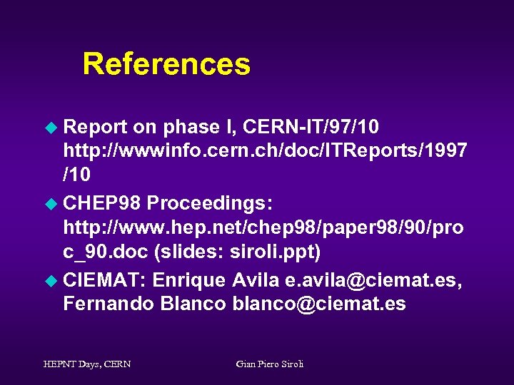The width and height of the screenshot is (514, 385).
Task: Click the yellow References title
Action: [166, 64]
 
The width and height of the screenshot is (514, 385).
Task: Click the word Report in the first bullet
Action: [95, 127]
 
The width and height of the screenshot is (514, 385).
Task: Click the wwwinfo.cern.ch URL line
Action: [265, 150]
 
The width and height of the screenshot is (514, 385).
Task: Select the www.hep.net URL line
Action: [263, 227]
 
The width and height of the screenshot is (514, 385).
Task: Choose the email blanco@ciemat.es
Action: [319, 304]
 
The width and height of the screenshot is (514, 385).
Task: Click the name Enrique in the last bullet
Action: [189, 280]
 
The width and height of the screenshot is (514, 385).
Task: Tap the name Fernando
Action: [109, 304]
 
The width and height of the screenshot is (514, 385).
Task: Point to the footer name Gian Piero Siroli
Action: [270, 364]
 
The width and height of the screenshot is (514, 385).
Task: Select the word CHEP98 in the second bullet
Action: [102, 203]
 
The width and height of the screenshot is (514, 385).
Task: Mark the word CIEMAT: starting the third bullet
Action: [105, 280]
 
